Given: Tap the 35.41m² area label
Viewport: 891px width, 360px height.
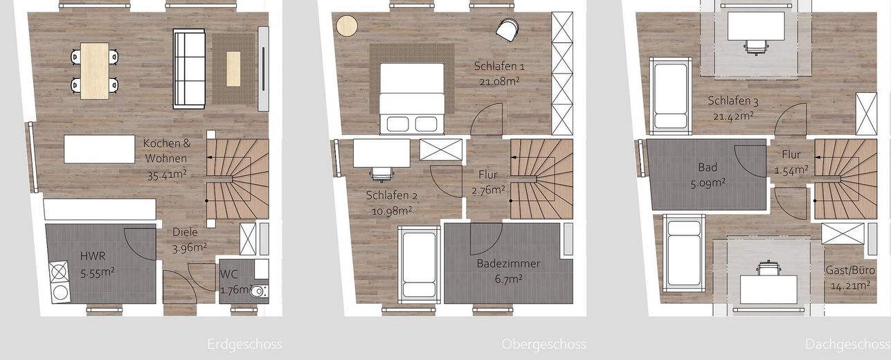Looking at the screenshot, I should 167,174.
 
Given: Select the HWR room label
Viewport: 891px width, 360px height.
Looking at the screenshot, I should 92,255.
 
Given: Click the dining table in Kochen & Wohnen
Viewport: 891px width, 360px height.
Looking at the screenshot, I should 95,71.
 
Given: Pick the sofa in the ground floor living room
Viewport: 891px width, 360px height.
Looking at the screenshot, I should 189,68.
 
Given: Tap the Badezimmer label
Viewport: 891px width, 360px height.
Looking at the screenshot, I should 508,263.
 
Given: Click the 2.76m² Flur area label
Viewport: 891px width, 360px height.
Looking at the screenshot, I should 487,189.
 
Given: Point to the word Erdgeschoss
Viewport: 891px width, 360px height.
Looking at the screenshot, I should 244,344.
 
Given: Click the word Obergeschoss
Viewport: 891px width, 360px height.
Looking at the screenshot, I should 543,344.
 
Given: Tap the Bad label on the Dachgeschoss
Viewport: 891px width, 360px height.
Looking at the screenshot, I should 708,168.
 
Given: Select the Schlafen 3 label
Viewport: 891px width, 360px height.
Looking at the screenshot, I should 733,101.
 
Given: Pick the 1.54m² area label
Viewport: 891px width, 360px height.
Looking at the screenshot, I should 791,170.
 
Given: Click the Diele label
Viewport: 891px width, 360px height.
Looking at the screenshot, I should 185,233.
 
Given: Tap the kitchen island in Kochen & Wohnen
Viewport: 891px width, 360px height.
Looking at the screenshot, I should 100,149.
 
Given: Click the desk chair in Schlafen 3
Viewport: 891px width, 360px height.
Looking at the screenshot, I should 756,46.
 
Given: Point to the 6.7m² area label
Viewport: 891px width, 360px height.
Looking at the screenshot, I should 508,278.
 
